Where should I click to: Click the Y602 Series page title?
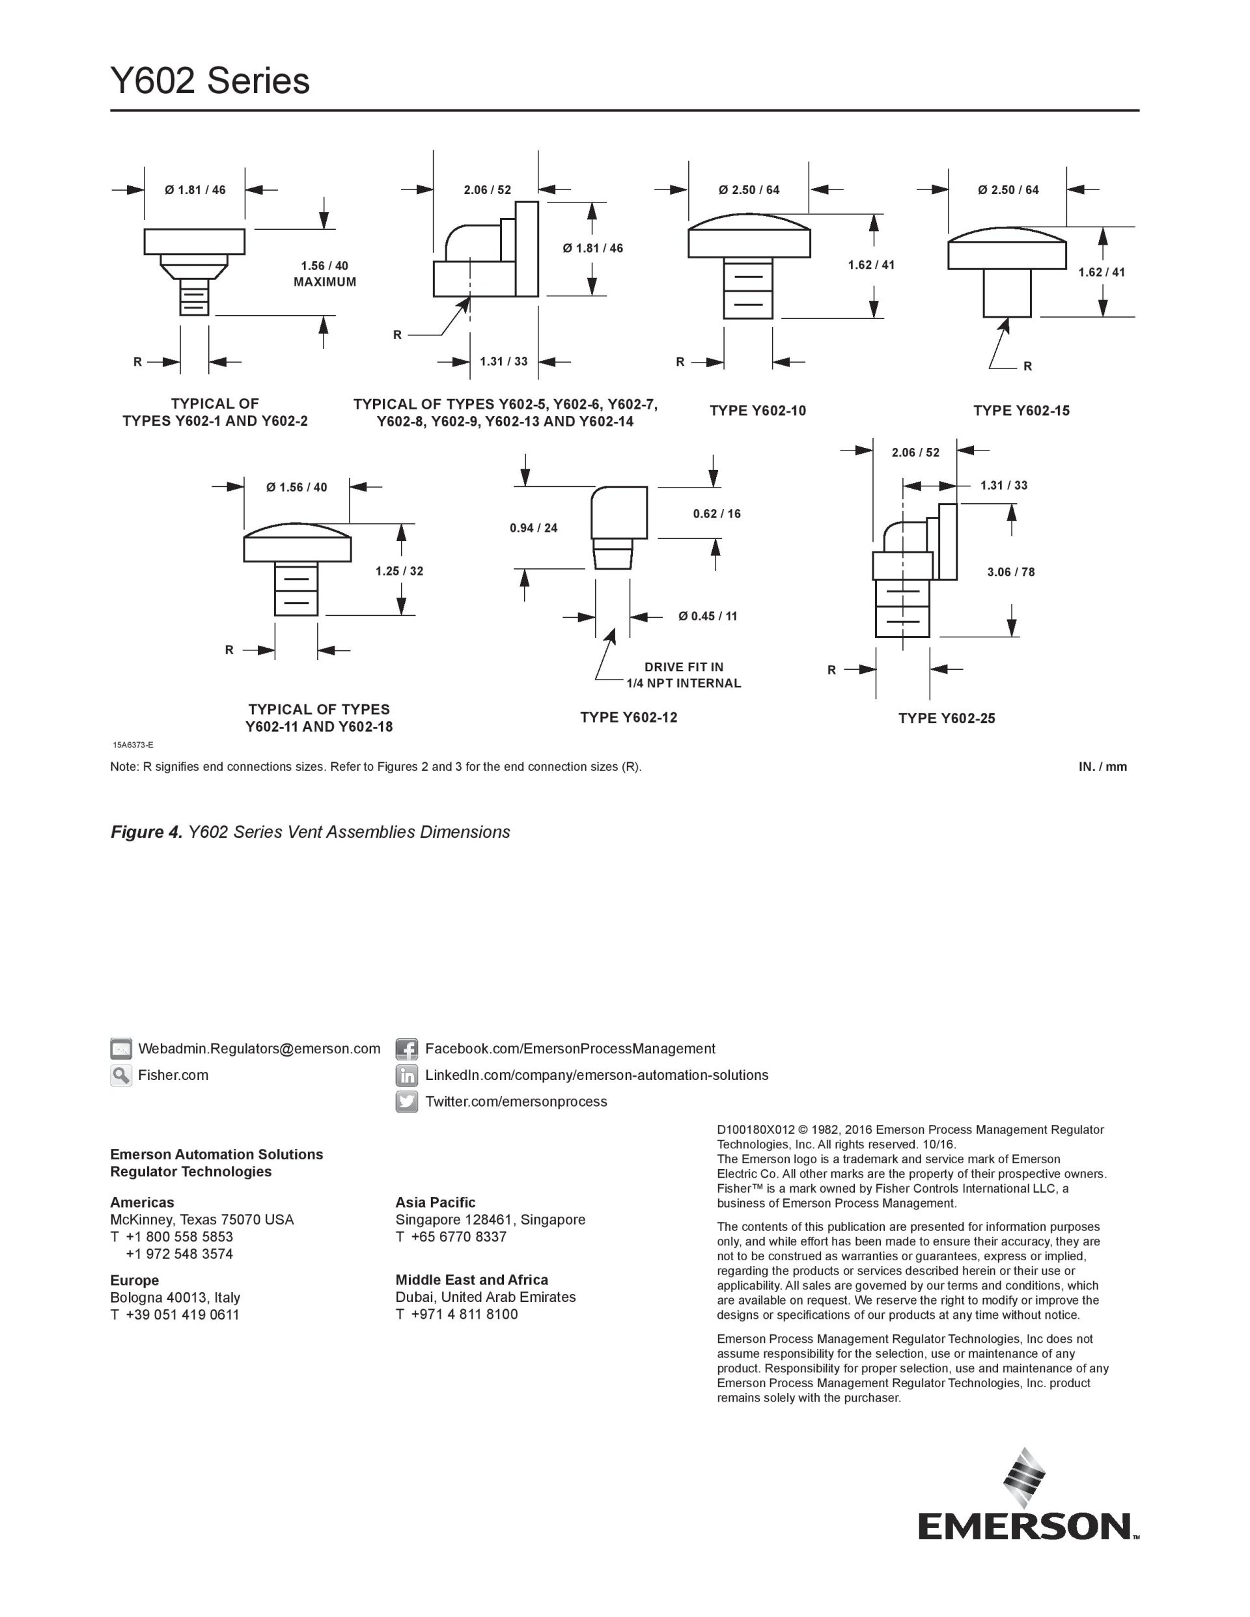click(210, 81)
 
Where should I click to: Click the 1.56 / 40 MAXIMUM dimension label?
click(324, 274)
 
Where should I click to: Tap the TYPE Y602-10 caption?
click(758, 411)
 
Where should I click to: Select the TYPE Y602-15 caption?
click(1021, 411)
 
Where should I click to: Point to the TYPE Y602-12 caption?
click(629, 717)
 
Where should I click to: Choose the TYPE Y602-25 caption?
click(947, 718)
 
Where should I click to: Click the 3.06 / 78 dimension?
click(1011, 572)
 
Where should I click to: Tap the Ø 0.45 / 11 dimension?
click(708, 616)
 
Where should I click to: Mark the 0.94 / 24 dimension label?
click(533, 528)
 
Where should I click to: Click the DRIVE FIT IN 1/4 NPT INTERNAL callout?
click(684, 675)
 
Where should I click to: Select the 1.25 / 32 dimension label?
click(399, 571)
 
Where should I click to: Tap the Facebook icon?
click(406, 1049)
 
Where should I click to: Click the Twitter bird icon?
click(406, 1101)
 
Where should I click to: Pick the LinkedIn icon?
click(406, 1075)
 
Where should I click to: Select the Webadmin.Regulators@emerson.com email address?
click(259, 1049)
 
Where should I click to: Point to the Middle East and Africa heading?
click(472, 1280)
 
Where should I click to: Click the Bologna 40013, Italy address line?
click(176, 1298)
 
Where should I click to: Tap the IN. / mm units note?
click(1103, 767)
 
